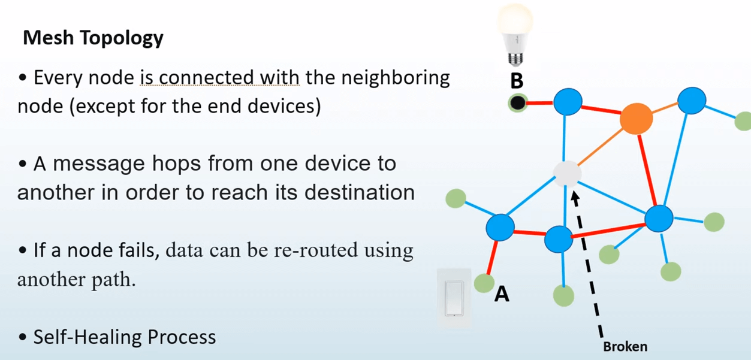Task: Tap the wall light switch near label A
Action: (x=455, y=298)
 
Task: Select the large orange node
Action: (x=636, y=119)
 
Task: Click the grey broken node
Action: (x=566, y=173)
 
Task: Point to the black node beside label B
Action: (x=518, y=103)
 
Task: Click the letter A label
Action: (x=502, y=294)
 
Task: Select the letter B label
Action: (x=516, y=80)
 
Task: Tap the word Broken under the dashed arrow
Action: (x=625, y=346)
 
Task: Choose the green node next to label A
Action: (x=484, y=283)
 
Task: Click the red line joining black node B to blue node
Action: (x=540, y=104)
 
